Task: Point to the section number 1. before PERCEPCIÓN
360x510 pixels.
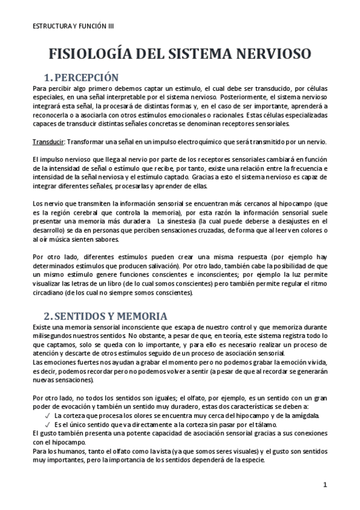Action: [x=50, y=78]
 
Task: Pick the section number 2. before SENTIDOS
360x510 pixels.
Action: [x=50, y=316]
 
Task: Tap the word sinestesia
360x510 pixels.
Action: [x=180, y=220]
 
